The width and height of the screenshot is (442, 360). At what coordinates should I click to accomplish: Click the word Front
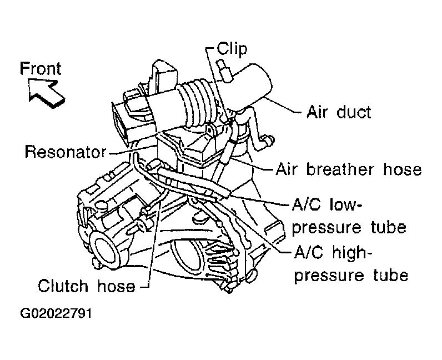tap(41, 68)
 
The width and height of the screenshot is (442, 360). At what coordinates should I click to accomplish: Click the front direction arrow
tap(47, 93)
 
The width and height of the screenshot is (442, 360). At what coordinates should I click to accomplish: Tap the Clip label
tap(232, 49)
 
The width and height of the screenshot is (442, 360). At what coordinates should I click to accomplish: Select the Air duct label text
tap(339, 112)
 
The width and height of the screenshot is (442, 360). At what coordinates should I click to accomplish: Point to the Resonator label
tap(66, 152)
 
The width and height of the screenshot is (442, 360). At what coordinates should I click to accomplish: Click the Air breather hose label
tap(349, 169)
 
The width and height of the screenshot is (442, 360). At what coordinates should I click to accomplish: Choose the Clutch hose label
tap(87, 286)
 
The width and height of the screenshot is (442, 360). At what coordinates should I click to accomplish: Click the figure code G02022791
tap(56, 313)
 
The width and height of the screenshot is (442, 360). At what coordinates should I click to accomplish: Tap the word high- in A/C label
tap(353, 252)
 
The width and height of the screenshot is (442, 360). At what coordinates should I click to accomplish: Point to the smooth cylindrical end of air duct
tap(251, 84)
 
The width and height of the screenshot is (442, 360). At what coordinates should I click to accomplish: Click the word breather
tap(340, 169)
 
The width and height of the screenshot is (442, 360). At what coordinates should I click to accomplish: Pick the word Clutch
tap(63, 286)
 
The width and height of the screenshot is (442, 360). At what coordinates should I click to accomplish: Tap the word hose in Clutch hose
tap(117, 286)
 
